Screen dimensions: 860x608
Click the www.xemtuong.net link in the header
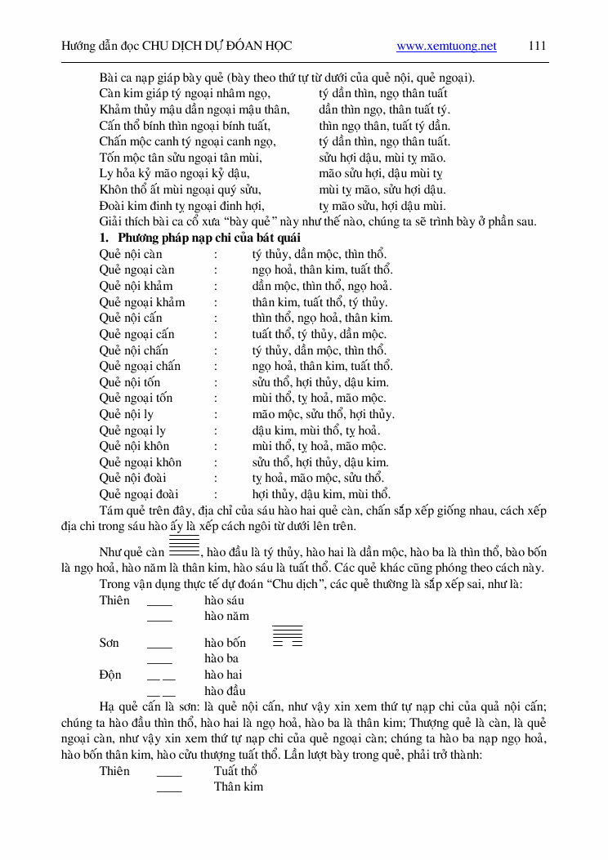click(x=446, y=47)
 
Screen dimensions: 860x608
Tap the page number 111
click(x=537, y=47)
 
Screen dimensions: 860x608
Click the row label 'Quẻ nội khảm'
click(x=136, y=286)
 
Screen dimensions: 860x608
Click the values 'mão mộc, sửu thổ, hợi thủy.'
click(x=323, y=414)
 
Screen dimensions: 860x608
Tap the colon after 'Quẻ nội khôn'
click(x=216, y=446)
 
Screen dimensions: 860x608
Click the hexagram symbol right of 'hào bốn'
click(x=287, y=635)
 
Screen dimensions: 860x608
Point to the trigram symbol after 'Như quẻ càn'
click(x=184, y=546)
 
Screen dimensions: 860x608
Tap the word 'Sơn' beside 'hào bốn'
click(x=110, y=643)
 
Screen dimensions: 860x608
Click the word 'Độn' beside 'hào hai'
click(x=110, y=675)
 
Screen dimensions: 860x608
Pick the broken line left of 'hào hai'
click(x=161, y=676)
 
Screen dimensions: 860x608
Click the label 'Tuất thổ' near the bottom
click(x=235, y=771)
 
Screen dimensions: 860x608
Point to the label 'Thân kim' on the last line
click(x=239, y=786)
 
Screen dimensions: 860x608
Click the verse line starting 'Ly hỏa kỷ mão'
click(x=174, y=174)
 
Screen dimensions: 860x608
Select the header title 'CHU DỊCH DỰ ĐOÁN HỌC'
click(x=217, y=47)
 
